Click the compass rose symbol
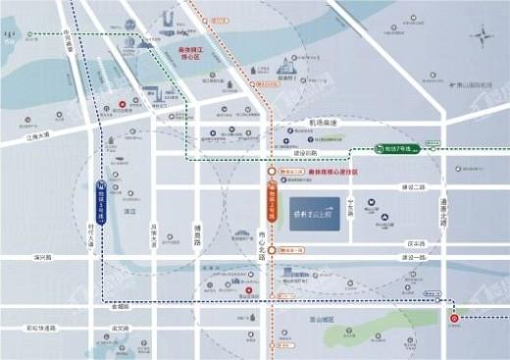pos(484,39)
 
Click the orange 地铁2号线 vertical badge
pos(272,194)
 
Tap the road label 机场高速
pos(320,124)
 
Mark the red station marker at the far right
pos(453,318)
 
